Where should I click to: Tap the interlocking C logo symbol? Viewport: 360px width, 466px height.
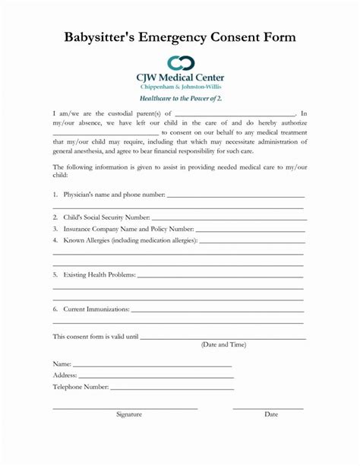point(180,63)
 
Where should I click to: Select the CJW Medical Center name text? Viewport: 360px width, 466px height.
point(180,78)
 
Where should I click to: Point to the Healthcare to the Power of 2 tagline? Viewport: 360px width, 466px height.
point(180,99)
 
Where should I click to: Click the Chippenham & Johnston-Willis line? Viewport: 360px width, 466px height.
point(180,87)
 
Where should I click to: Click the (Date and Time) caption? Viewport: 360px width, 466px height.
point(223,344)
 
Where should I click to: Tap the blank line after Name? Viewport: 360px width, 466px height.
point(152,366)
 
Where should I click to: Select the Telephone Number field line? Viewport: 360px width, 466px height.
point(171,387)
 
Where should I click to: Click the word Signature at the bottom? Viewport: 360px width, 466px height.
point(129,414)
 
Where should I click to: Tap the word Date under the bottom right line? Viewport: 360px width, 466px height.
point(271,414)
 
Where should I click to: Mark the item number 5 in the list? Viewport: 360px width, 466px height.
point(55,274)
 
